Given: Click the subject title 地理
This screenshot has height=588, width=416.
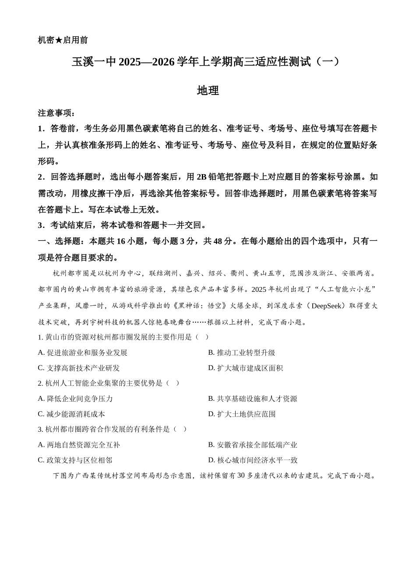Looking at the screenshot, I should [x=208, y=91].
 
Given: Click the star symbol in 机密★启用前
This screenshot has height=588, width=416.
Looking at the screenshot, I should [x=59, y=40].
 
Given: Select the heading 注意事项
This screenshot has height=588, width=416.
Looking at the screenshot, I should [x=56, y=113].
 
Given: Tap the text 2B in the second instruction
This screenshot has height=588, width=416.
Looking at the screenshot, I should [x=201, y=177].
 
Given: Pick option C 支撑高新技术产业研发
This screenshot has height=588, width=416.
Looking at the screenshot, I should [x=79, y=368].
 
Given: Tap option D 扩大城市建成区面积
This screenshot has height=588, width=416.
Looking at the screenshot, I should [x=246, y=368].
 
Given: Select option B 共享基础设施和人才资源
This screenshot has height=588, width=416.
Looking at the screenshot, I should [x=253, y=399].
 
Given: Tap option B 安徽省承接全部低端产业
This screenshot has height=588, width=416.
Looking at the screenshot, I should [x=253, y=445].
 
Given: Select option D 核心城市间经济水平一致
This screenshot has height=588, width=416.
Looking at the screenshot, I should [x=253, y=460].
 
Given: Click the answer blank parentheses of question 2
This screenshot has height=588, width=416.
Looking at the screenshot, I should [x=172, y=383].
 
